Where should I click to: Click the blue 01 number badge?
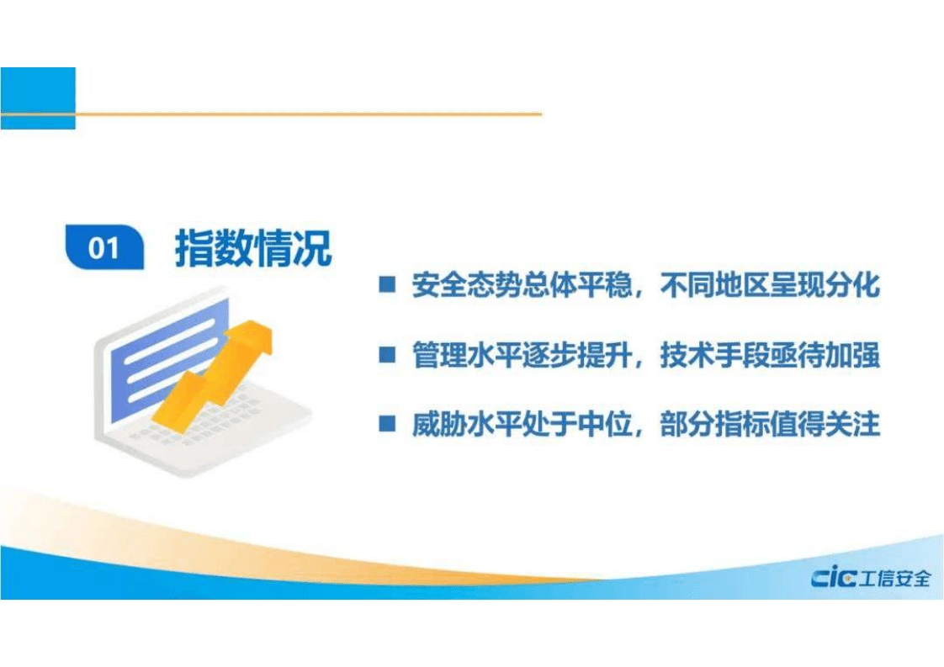pos(104,248)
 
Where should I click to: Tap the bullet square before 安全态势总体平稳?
pos(387,285)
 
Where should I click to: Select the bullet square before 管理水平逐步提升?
pos(387,356)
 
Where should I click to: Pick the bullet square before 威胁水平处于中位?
pos(387,425)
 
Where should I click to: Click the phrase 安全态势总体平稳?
pos(521,285)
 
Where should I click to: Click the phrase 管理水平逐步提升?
pos(521,356)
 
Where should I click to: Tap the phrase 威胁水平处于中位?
pos(521,425)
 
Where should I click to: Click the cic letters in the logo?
pos(833,578)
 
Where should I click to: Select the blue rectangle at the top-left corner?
pos(38,98)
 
